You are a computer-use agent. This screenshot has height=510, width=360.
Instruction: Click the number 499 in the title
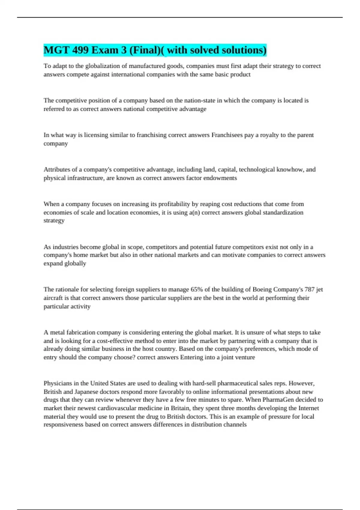click(80, 50)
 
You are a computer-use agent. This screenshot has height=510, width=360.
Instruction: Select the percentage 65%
click(196, 289)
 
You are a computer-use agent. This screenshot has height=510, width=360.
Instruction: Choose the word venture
click(245, 357)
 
